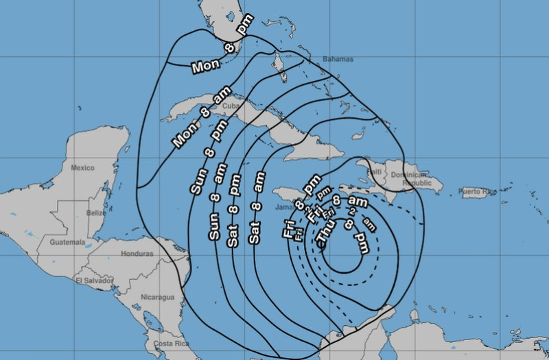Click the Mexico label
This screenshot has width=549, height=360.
click(x=82, y=167)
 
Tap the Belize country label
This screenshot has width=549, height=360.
click(x=97, y=213)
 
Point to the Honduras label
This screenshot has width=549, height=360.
click(x=137, y=253)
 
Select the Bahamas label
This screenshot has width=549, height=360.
click(x=339, y=59)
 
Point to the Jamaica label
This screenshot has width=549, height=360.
click(x=285, y=206)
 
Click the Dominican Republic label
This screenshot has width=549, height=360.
click(x=417, y=179)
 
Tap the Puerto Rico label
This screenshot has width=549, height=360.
click(x=478, y=191)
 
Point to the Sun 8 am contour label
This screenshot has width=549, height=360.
click(x=215, y=206)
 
